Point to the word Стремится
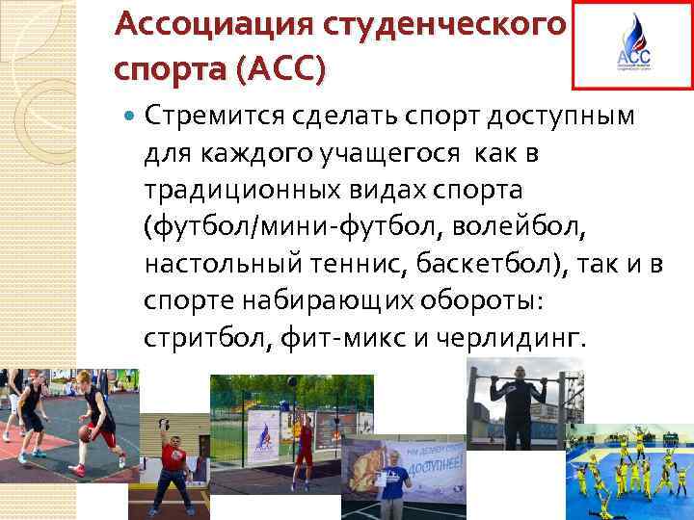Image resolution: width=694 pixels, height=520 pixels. (200, 117)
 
